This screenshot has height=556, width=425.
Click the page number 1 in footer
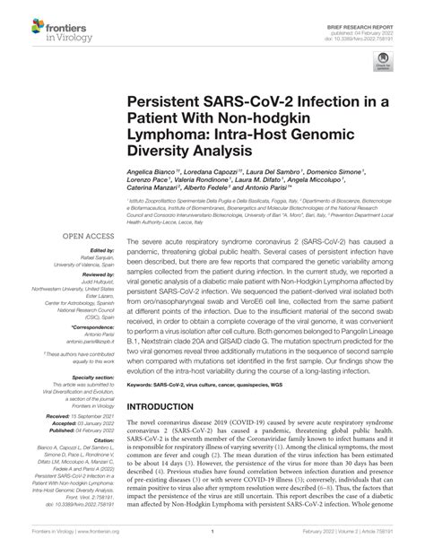tap(212, 543)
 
